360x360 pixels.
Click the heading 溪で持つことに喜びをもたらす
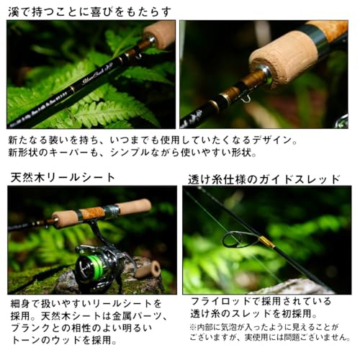tap(90, 11)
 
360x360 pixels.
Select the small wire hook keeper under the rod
tap(245, 96)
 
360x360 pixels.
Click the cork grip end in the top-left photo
tap(160, 32)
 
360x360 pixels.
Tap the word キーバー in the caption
tap(70, 153)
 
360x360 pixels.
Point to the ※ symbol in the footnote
tap(193, 327)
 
